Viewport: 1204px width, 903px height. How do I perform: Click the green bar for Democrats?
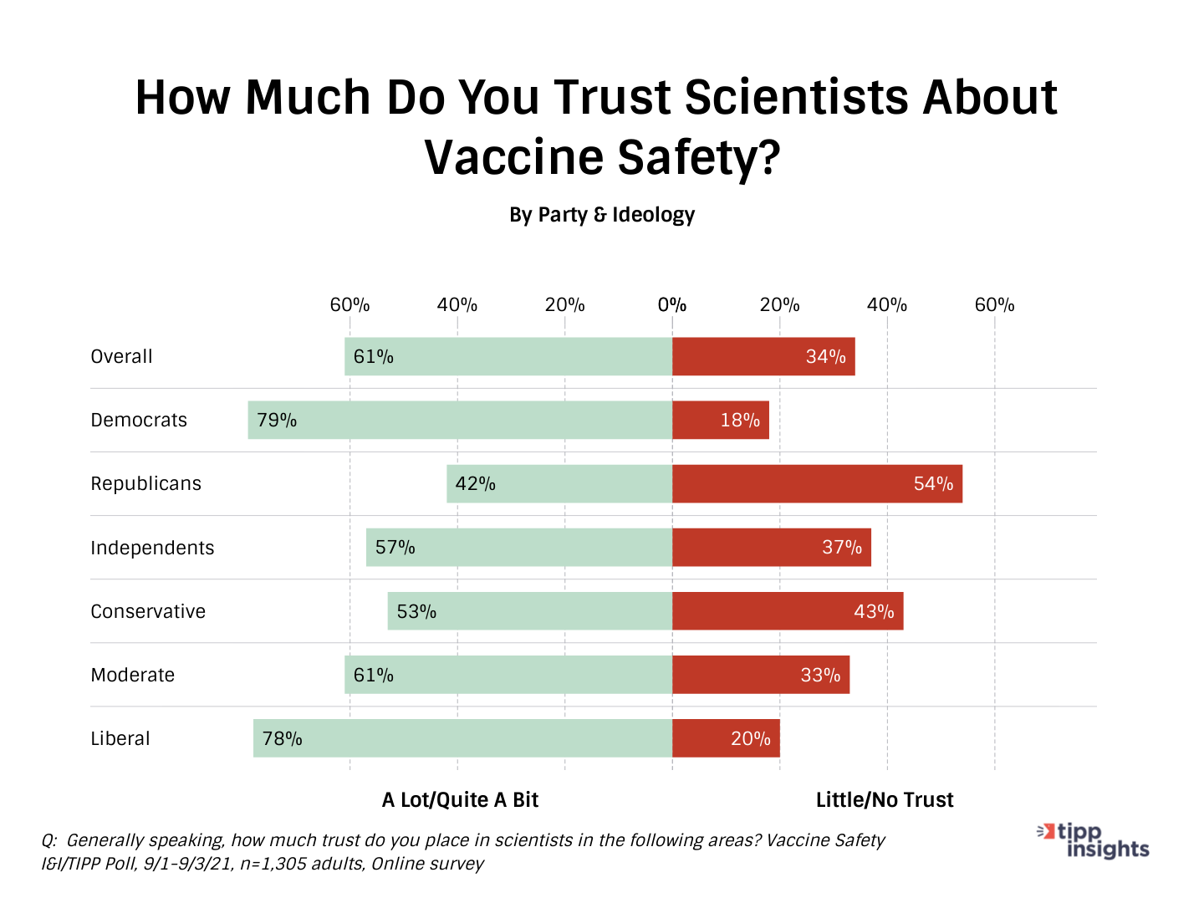tap(460, 420)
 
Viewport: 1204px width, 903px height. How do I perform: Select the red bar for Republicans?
tap(817, 483)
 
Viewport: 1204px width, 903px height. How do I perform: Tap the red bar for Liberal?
tap(726, 738)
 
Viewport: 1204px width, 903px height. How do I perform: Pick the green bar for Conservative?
tap(530, 611)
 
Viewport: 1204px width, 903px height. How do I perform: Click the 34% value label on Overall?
tap(825, 357)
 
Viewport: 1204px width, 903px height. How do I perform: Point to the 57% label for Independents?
tap(395, 548)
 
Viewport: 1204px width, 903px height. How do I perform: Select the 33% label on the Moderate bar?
tap(820, 675)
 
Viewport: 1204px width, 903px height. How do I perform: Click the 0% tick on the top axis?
tap(672, 305)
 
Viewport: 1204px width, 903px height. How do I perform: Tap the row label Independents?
tap(152, 548)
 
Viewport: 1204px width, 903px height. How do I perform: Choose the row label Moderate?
tap(133, 675)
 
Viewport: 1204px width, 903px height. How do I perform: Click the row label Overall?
tap(122, 356)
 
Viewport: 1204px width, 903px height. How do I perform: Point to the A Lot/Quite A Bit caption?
tap(460, 800)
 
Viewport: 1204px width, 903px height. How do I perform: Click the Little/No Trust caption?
tap(885, 800)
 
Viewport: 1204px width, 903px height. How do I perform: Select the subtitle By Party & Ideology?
tap(602, 215)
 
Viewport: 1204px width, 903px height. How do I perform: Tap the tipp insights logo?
tap(1094, 840)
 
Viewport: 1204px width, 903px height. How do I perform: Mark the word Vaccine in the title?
tap(513, 157)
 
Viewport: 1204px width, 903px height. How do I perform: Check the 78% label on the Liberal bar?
tap(282, 738)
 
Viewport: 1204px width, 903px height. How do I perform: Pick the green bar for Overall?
tap(508, 356)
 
